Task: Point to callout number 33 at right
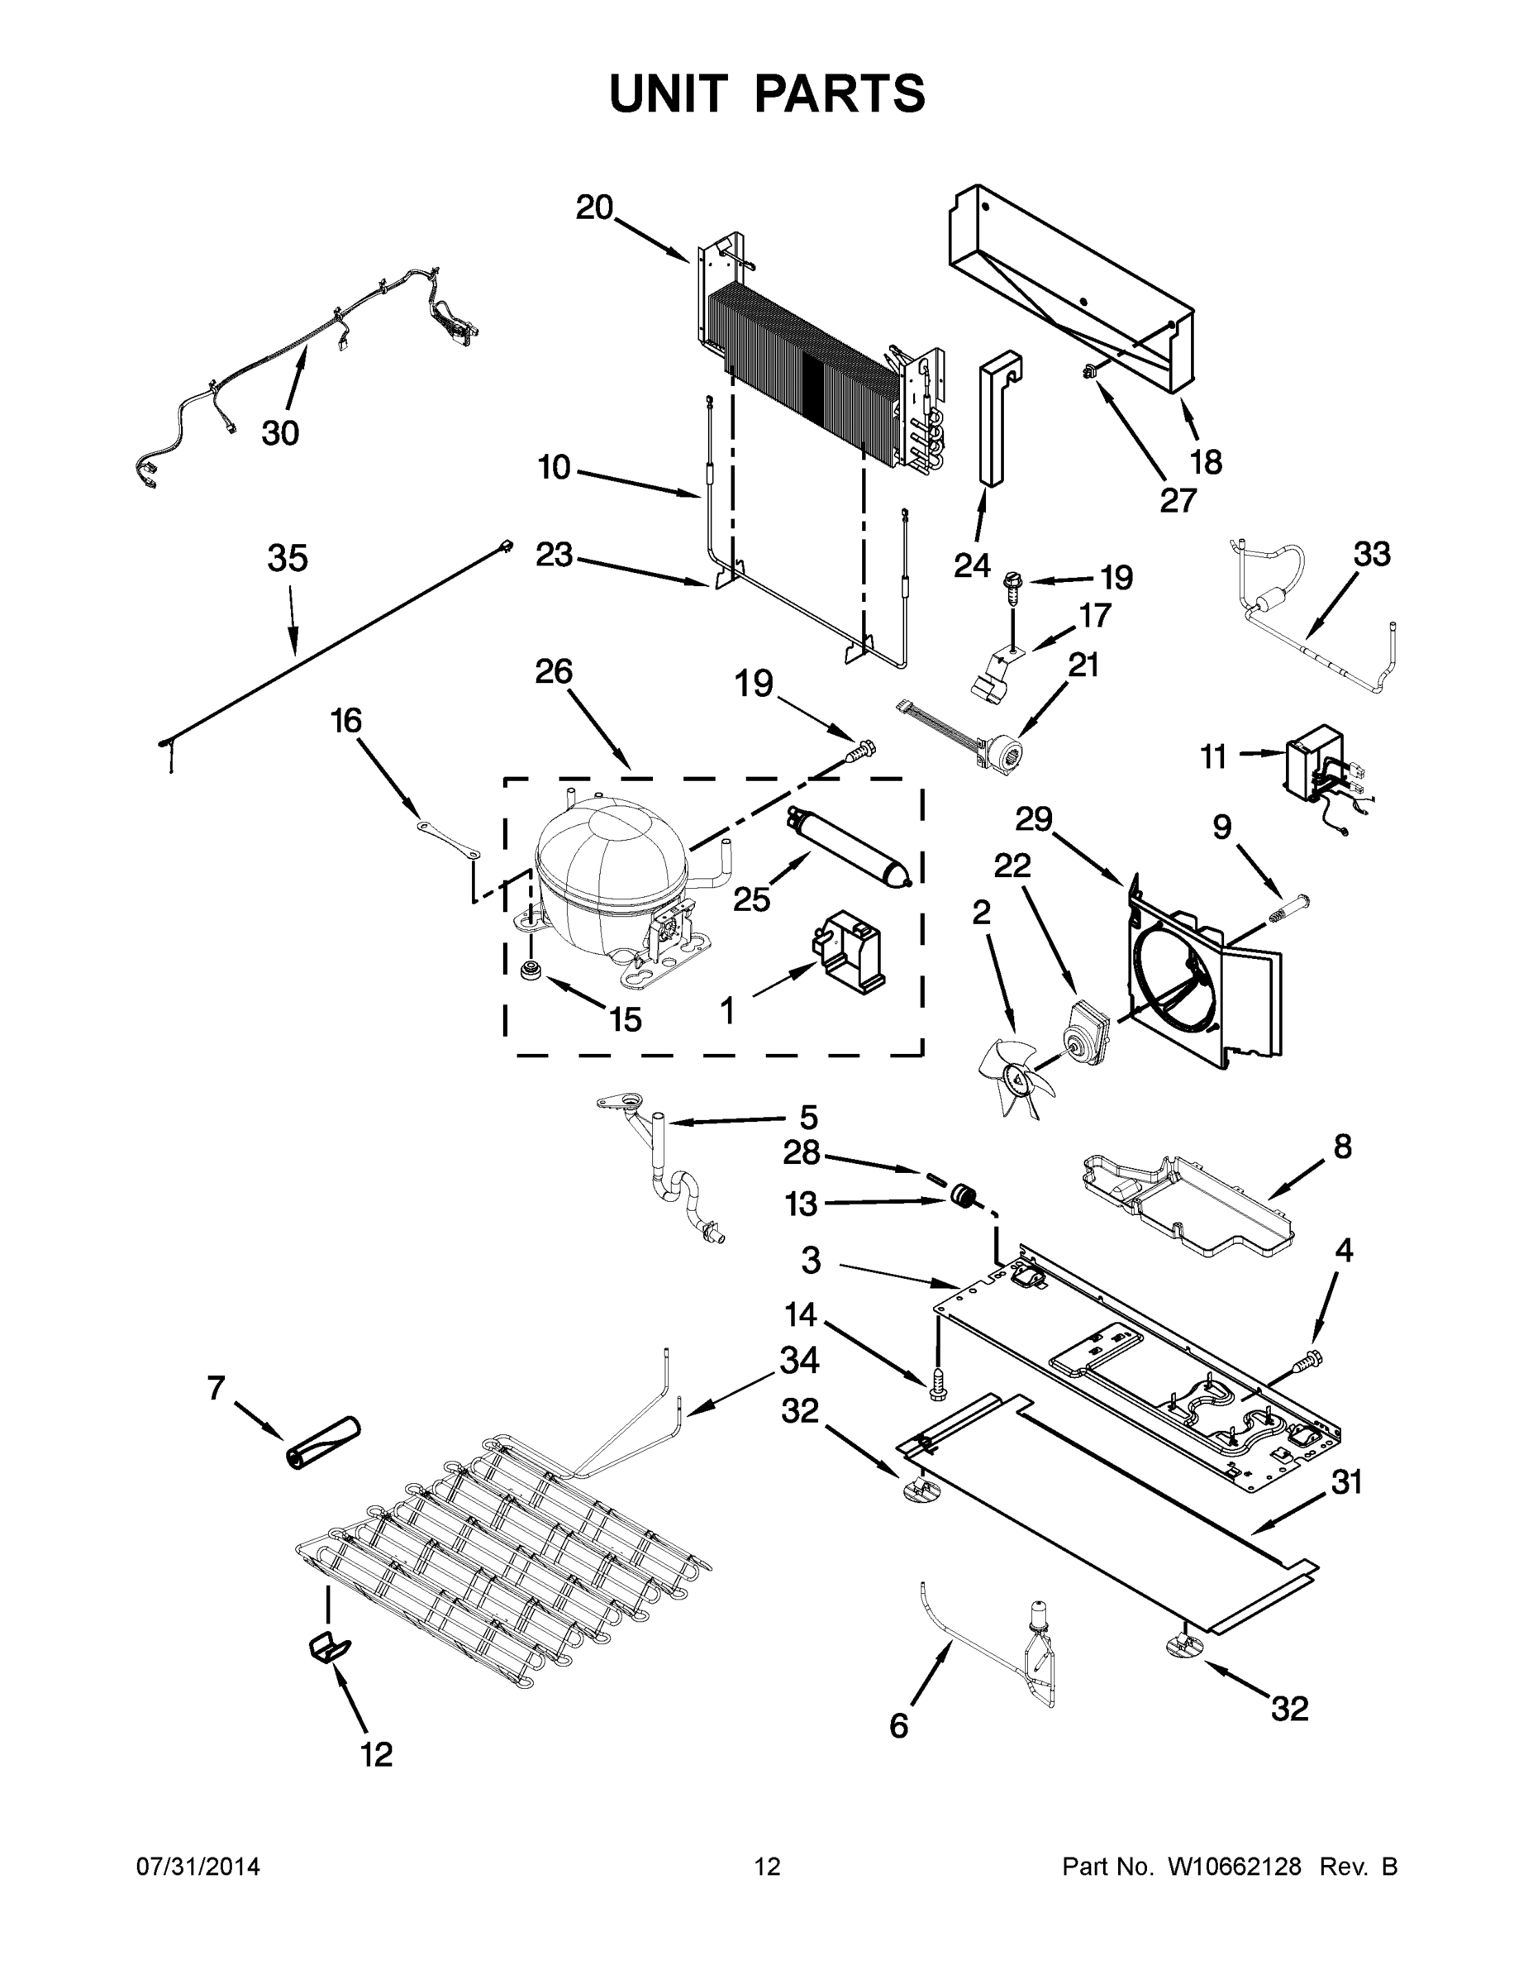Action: [x=1371, y=553]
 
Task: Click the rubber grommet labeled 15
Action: [x=530, y=971]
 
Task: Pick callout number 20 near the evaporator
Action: [x=594, y=208]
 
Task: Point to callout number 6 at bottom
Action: [x=898, y=1726]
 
